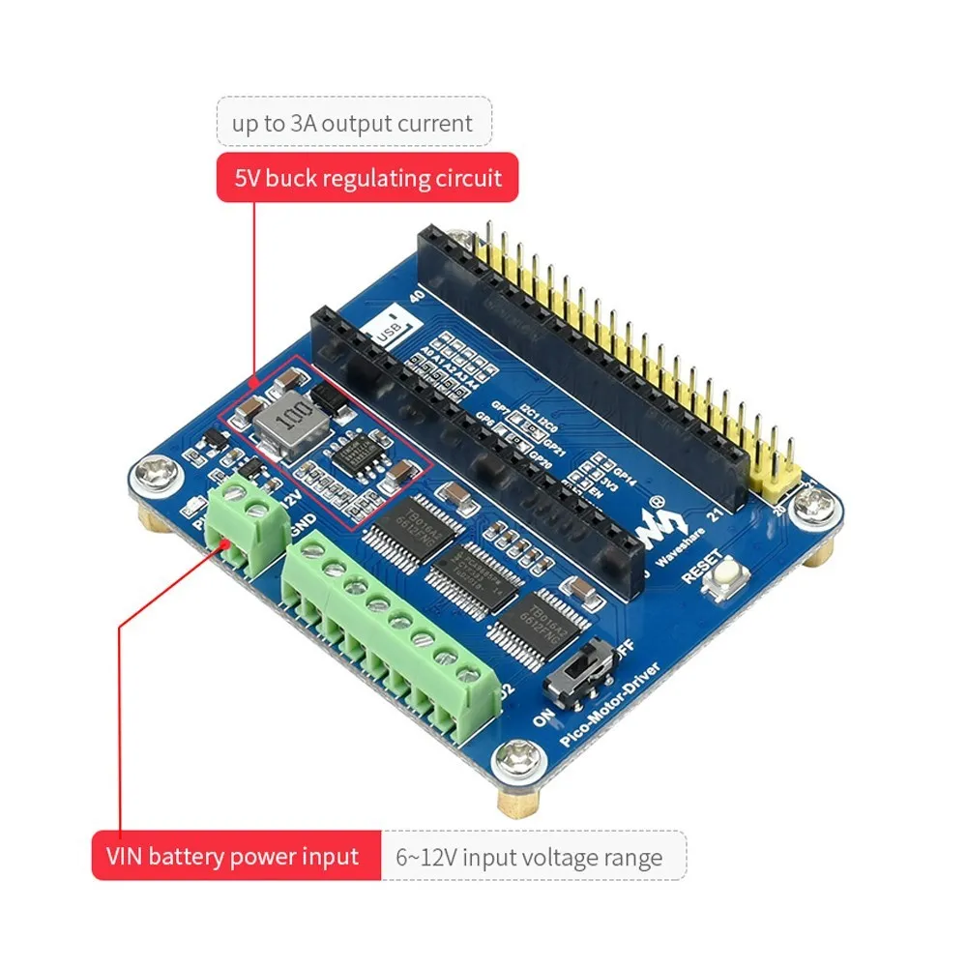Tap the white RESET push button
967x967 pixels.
[x=722, y=580]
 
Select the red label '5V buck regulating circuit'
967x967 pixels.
[x=361, y=178]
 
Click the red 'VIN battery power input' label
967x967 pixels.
[x=236, y=856]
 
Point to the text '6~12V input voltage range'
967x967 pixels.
[x=529, y=857]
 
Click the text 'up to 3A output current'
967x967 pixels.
[x=352, y=123]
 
